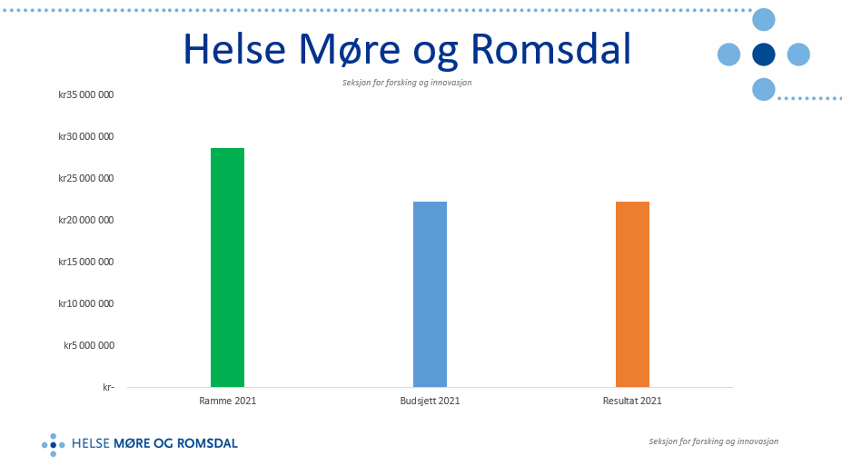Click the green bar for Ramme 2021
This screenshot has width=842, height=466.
pos(227,267)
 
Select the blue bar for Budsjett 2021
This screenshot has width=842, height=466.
pos(430,294)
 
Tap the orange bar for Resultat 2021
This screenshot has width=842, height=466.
pos(632,294)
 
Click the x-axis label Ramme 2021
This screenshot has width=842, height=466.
pos(227,401)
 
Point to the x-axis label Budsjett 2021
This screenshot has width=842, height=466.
pos(430,401)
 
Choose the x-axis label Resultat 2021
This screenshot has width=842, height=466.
pos(632,401)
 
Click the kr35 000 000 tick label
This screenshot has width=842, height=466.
pos(85,94)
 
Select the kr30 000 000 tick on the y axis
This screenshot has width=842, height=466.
pos(85,136)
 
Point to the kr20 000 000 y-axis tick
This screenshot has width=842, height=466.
pos(85,220)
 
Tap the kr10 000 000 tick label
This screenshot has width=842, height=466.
pos(85,303)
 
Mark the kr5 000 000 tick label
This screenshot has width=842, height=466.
pos(88,345)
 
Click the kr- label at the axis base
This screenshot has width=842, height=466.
pos(107,387)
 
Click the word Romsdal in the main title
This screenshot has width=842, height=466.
pos(553,50)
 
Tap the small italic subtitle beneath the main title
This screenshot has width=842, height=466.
pos(407,83)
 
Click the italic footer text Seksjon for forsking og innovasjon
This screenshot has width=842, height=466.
pos(713,441)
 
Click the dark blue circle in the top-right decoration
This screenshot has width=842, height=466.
pos(763,55)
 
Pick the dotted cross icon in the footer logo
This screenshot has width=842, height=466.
pos(54,444)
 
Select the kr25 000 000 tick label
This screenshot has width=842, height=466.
pos(85,178)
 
